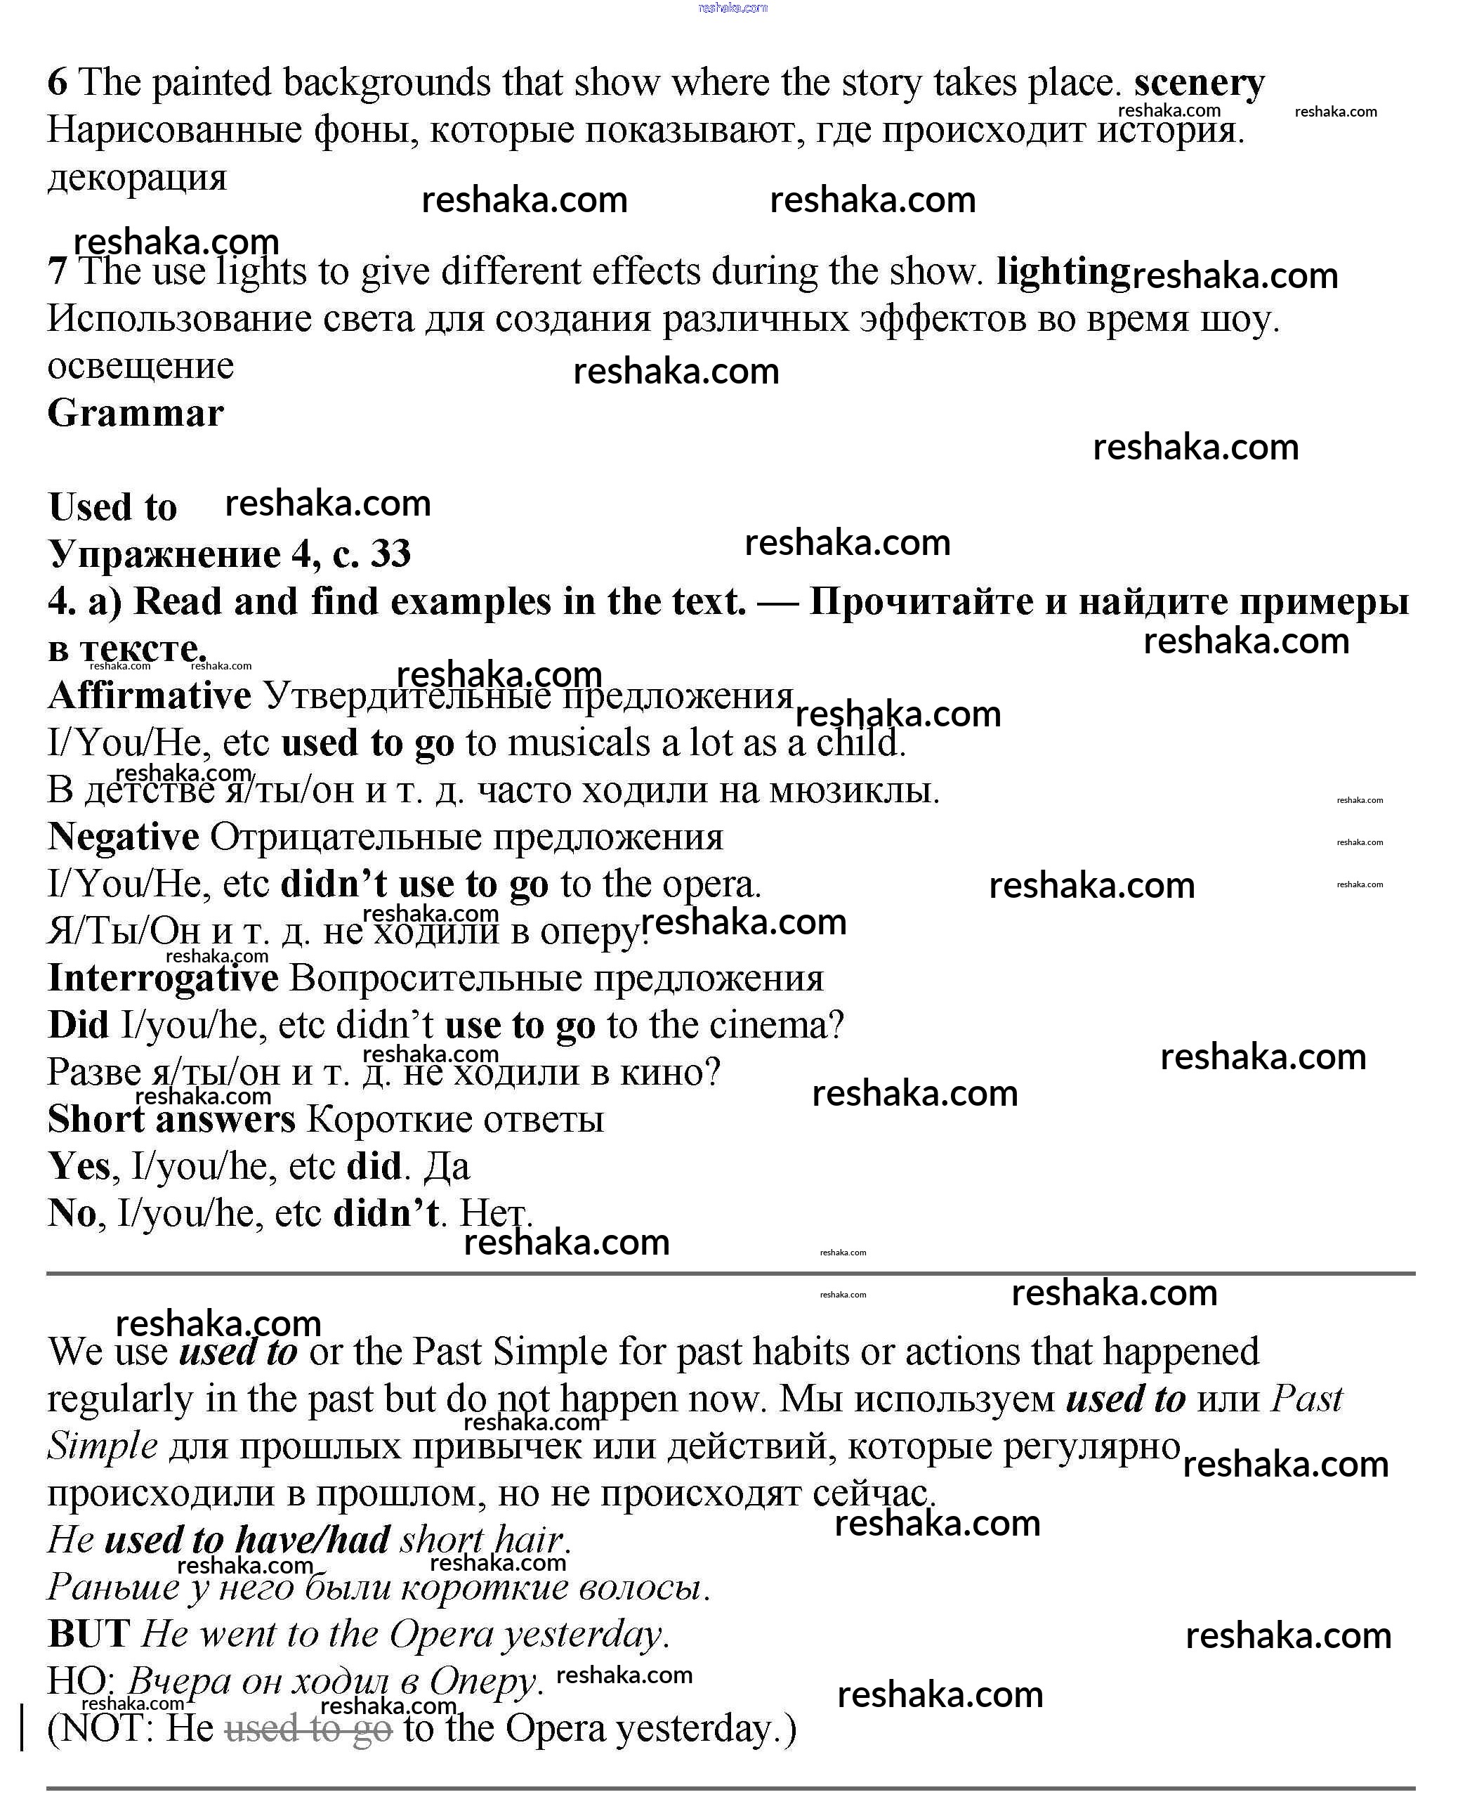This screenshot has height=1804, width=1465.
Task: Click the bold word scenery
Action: click(x=1198, y=84)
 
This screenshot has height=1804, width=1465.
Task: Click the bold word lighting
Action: click(x=1063, y=272)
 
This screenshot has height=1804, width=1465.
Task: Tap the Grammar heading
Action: click(x=135, y=413)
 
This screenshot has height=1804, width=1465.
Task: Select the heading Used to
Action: click(x=112, y=506)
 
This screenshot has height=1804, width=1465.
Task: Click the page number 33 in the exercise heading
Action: click(x=390, y=554)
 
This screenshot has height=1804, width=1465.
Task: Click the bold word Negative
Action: click(x=123, y=837)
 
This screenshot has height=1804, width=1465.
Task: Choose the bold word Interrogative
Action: click(x=163, y=978)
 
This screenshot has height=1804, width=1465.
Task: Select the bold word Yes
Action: click(x=79, y=1166)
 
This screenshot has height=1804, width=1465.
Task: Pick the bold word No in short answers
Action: click(x=72, y=1213)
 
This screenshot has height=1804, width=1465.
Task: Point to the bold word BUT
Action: click(x=88, y=1634)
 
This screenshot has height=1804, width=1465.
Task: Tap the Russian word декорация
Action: click(x=137, y=177)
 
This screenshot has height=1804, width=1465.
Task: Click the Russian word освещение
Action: click(x=140, y=365)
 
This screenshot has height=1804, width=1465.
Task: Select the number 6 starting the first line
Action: click(x=57, y=83)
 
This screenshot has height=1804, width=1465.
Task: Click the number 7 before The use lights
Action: click(x=57, y=272)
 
